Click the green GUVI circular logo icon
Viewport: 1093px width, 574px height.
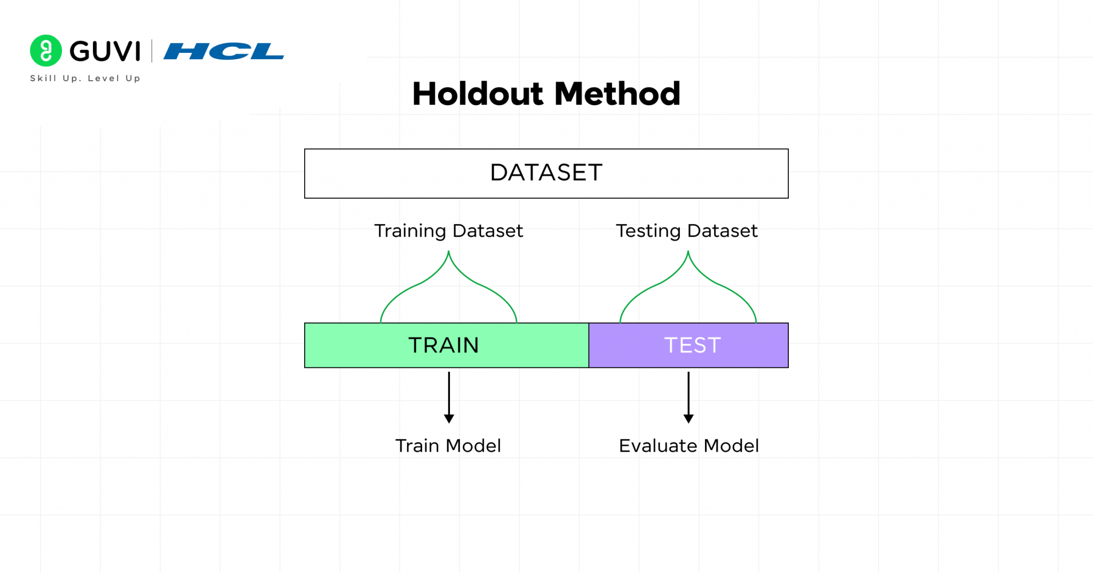(x=46, y=51)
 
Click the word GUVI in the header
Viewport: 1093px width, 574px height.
(x=105, y=52)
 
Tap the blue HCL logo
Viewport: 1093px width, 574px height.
(x=224, y=52)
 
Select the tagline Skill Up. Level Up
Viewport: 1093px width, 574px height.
(x=85, y=78)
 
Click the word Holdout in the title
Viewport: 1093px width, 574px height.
(x=478, y=94)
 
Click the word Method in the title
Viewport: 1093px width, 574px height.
(x=617, y=94)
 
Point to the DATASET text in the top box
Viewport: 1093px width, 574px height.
(x=546, y=173)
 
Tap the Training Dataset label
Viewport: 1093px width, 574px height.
(x=448, y=231)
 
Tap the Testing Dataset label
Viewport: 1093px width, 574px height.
(x=686, y=231)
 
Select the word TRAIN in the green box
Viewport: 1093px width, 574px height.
(x=443, y=345)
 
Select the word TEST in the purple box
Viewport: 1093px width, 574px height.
(x=692, y=345)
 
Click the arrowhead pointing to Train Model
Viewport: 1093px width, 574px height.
(x=449, y=419)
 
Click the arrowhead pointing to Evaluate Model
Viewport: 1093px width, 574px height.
(x=688, y=419)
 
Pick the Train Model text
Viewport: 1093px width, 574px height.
(x=448, y=446)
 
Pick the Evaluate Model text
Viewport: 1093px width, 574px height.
(x=688, y=446)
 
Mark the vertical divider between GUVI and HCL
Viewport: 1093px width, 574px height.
(x=152, y=51)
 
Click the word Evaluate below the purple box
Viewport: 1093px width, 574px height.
(x=658, y=446)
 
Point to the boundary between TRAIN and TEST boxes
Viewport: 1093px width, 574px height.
(x=589, y=345)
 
